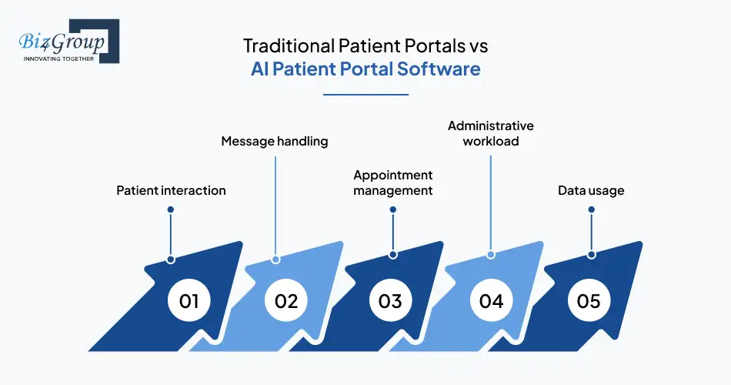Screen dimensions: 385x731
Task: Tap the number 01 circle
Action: pyautogui.click(x=189, y=300)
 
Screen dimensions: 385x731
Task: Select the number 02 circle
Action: pyautogui.click(x=286, y=300)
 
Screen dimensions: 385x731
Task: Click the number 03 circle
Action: pyautogui.click(x=390, y=300)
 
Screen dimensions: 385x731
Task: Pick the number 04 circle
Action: pyautogui.click(x=491, y=300)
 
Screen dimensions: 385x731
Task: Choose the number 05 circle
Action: pyautogui.click(x=589, y=300)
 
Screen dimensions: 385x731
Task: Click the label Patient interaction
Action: pyautogui.click(x=171, y=190)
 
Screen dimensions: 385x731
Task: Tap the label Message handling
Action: pyautogui.click(x=275, y=142)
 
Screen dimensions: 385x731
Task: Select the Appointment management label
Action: pyautogui.click(x=393, y=182)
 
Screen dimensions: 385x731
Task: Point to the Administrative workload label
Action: pyautogui.click(x=490, y=133)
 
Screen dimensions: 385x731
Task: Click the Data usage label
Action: pyautogui.click(x=591, y=190)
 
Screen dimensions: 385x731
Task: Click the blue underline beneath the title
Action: pyautogui.click(x=365, y=95)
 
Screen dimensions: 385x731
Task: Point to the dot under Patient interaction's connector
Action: pyautogui.click(x=171, y=259)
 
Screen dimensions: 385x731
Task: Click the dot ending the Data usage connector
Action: pyautogui.click(x=591, y=254)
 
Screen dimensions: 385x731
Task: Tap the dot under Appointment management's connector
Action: pyautogui.click(x=393, y=254)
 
